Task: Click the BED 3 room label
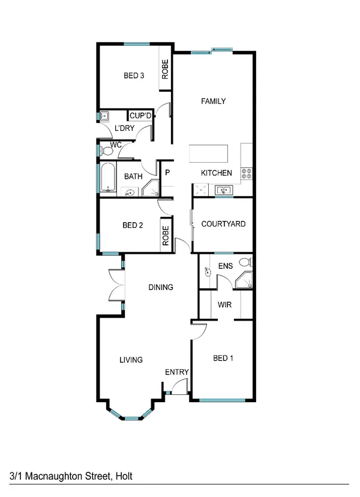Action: click(x=134, y=76)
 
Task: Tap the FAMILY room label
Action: click(x=213, y=101)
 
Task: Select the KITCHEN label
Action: click(x=216, y=173)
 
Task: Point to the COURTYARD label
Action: click(x=223, y=224)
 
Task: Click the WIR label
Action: click(x=225, y=305)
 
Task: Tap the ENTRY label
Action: click(x=177, y=372)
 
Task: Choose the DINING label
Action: click(x=161, y=288)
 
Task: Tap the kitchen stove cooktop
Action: click(x=246, y=173)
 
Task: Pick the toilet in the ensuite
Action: click(x=244, y=262)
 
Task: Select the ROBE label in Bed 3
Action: click(x=165, y=71)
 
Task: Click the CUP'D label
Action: click(x=140, y=116)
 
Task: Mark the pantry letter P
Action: click(x=167, y=173)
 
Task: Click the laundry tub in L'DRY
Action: click(x=104, y=116)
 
